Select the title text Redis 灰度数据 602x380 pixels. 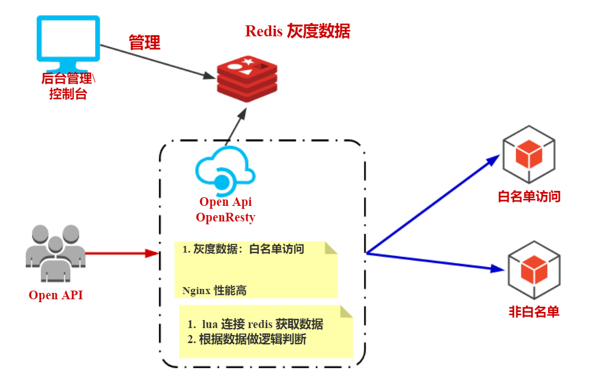(298, 31)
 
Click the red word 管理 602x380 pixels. (144, 42)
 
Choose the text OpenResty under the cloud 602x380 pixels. (225, 217)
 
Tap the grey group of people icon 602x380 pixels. (55, 254)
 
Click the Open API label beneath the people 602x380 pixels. (56, 295)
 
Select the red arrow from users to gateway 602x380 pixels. (121, 253)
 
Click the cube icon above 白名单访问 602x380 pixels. (529, 155)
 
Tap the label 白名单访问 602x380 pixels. (529, 197)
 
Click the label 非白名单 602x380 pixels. (533, 312)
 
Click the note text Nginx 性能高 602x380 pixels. (214, 291)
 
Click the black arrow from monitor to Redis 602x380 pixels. (156, 62)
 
